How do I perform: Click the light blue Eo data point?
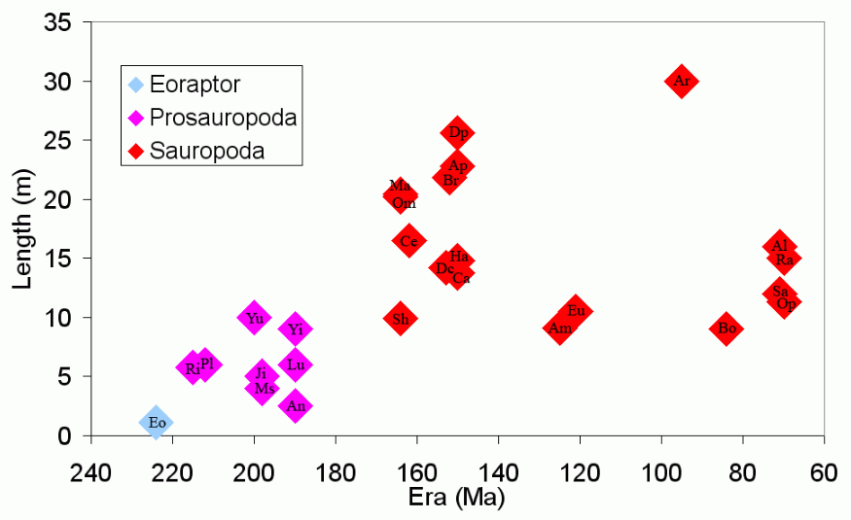156,422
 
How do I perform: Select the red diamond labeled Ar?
682,81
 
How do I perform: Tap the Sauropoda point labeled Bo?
726,329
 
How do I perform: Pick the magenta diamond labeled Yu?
254,317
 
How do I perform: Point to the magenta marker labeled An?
295,405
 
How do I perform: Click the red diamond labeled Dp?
457,132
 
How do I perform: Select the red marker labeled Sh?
400,318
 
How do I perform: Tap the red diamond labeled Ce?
408,240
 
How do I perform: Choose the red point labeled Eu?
576,311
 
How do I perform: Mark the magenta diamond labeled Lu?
295,364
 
